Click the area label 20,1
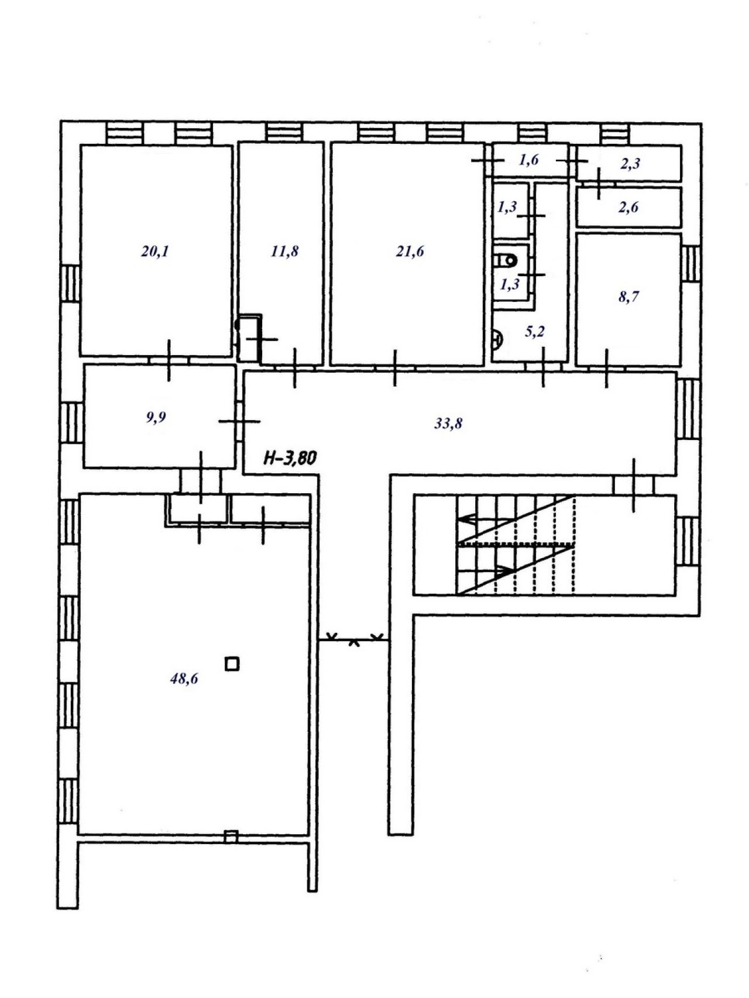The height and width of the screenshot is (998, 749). click(154, 252)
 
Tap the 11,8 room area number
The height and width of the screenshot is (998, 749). click(285, 252)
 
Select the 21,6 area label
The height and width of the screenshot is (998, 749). click(410, 252)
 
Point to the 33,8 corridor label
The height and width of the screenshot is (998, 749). click(448, 423)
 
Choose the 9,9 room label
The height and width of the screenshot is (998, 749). click(156, 418)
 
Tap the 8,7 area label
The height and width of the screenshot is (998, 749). click(628, 297)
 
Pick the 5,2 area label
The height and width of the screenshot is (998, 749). click(535, 332)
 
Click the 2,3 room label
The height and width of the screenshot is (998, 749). click(630, 163)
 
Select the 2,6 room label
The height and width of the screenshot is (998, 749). click(628, 207)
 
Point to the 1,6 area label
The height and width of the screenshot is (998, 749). click(528, 160)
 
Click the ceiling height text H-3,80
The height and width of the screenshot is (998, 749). click(290, 457)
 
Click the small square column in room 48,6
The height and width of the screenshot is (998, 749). click(232, 664)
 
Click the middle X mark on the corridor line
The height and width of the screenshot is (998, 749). click(353, 642)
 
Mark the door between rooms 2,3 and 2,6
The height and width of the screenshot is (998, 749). click(598, 183)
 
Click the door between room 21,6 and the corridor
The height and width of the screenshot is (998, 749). click(395, 367)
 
